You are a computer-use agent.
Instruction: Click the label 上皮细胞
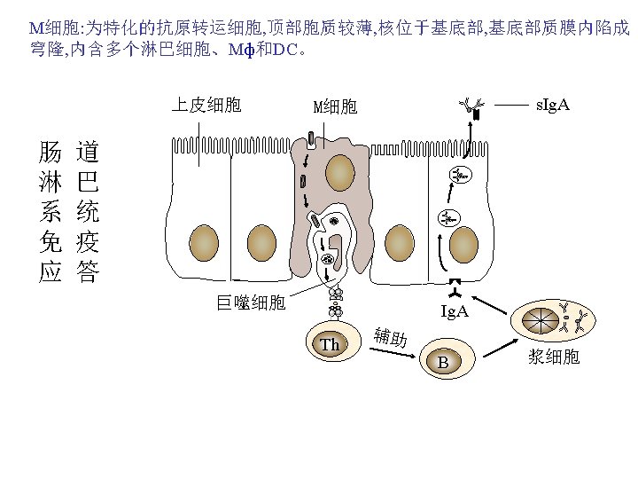(206, 106)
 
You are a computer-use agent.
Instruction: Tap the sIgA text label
(553, 106)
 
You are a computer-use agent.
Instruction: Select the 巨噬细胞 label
(252, 303)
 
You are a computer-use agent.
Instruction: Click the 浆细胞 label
(554, 357)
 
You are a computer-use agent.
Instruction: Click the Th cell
(331, 343)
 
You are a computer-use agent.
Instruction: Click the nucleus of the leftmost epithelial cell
(205, 240)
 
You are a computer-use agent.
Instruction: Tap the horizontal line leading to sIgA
(511, 105)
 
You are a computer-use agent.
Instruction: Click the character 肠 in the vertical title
(50, 153)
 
